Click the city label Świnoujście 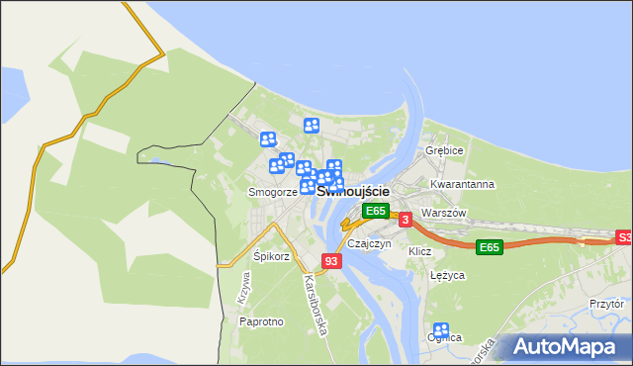pos(353,190)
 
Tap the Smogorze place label pos(273,192)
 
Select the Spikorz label pos(271,256)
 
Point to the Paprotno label pos(262,321)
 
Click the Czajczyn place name pos(370,243)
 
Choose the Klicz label pos(420,251)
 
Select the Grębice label pos(444,150)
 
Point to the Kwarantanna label pos(462,184)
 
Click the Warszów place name pos(442,213)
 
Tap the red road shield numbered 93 pos(331,261)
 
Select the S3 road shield pos(624,237)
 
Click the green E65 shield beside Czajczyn pos(375,211)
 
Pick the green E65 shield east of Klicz pos(488,246)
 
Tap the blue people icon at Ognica pos(441,330)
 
